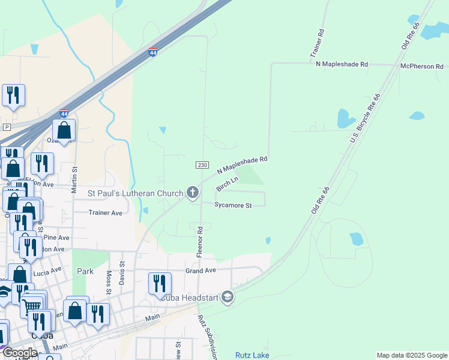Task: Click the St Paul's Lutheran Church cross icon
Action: (x=193, y=193)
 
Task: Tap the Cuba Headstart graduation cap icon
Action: (x=228, y=296)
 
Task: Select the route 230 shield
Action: (x=202, y=165)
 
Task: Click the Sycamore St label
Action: (x=232, y=205)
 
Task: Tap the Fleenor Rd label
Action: (x=200, y=242)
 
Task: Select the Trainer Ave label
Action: (x=105, y=212)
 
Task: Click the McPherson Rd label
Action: (x=422, y=66)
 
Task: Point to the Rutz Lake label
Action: (x=252, y=355)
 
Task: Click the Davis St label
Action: (x=122, y=271)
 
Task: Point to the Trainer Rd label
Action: (x=317, y=44)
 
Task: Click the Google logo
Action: (x=20, y=353)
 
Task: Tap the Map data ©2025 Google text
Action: (x=412, y=355)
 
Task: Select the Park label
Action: (x=85, y=271)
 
